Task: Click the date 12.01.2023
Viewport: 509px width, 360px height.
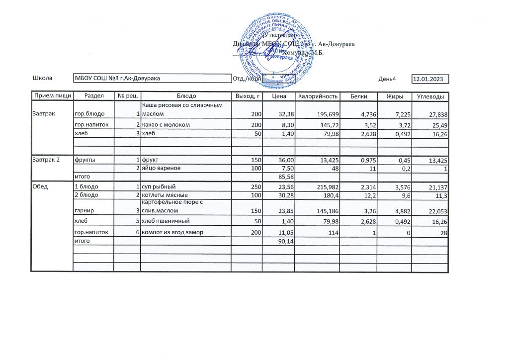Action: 430,79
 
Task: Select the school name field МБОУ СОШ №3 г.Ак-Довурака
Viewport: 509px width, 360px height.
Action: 117,79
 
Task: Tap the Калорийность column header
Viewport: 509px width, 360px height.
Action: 318,96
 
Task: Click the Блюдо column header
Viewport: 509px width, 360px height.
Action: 186,96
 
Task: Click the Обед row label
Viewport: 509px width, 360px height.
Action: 40,186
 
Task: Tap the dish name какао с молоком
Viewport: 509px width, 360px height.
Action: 166,124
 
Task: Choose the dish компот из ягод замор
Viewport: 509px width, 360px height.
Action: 172,232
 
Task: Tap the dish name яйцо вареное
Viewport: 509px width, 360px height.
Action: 162,169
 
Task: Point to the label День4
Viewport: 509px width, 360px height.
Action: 387,79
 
